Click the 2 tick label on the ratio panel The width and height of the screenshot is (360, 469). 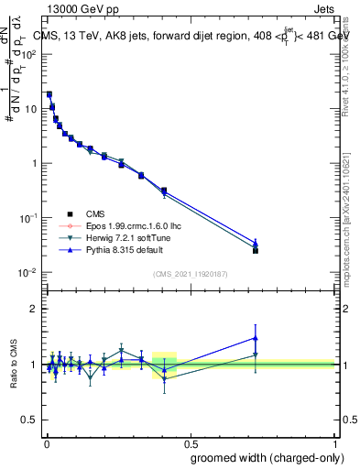click(33, 309)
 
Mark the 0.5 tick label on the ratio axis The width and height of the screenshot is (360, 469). click(29, 420)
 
